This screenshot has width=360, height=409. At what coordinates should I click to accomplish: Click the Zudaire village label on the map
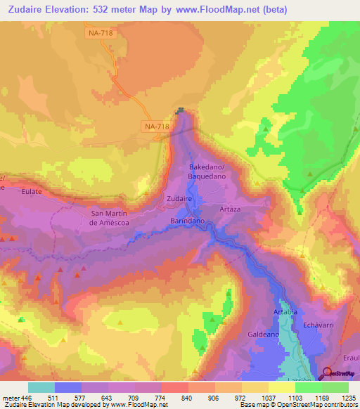(179, 199)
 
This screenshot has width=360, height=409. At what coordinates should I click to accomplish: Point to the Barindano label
(187, 220)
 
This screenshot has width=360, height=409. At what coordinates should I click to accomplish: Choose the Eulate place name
(32, 190)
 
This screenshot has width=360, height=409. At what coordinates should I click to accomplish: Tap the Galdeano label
(262, 335)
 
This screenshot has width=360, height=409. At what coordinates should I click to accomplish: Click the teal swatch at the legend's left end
(41, 387)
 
